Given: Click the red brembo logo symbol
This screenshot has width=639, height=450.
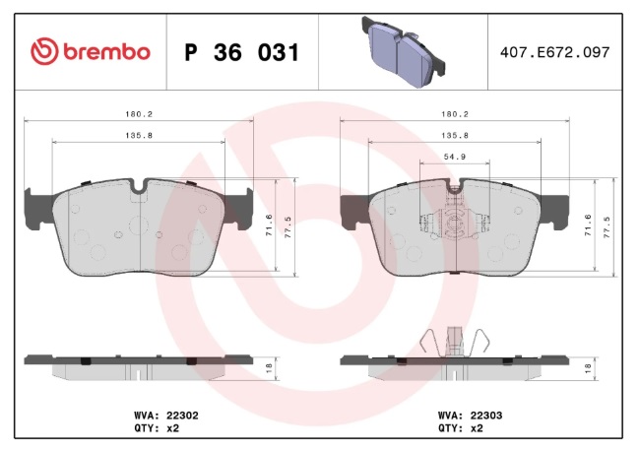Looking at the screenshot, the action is click(x=44, y=51).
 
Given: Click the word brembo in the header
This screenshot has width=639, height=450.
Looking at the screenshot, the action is click(x=106, y=52).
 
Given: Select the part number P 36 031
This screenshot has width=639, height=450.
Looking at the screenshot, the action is click(x=242, y=52).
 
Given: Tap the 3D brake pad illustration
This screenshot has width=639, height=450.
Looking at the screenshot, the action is click(x=403, y=52).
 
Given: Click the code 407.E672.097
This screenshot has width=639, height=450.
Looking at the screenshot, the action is click(x=554, y=52).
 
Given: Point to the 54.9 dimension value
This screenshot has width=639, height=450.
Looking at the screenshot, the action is click(x=455, y=157).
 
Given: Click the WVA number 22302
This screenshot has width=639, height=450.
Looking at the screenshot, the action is click(x=182, y=416).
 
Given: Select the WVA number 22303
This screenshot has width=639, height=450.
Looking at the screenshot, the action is click(x=486, y=416).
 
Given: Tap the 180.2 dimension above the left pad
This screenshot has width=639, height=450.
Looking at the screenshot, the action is click(x=139, y=114).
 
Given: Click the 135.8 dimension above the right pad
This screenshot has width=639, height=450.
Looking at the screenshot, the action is click(x=455, y=135).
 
